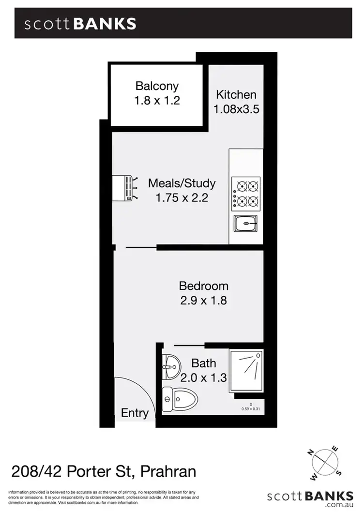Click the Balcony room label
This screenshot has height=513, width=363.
point(157,87)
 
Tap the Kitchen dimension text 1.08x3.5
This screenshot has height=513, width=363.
point(236,109)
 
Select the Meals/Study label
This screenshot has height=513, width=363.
point(181,183)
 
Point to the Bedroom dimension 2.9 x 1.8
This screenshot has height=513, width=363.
point(203,301)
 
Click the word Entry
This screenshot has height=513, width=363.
point(135,413)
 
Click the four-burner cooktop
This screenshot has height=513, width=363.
point(247,192)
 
